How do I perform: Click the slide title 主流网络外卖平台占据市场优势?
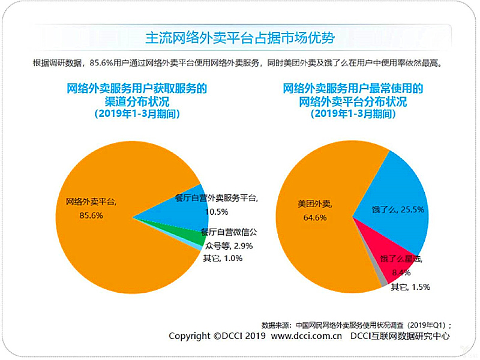point(240,37)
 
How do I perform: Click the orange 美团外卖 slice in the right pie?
point(318,240)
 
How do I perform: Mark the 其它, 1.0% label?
point(223,258)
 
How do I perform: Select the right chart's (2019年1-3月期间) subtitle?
point(353,113)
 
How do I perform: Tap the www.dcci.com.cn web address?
point(307,336)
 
